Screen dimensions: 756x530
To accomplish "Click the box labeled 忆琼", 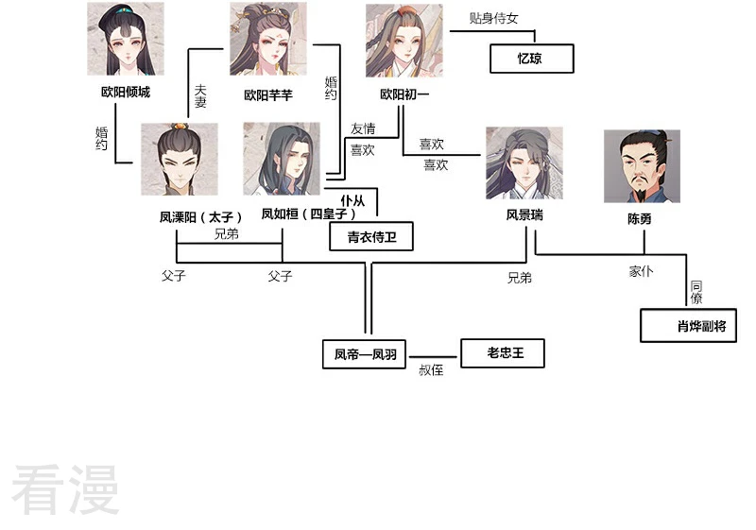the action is click(532, 59).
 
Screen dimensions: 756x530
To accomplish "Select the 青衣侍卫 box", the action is click(371, 236).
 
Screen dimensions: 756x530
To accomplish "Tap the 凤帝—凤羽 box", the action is click(364, 354).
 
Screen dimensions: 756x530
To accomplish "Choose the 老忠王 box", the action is click(503, 353).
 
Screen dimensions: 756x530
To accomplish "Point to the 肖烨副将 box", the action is click(689, 326).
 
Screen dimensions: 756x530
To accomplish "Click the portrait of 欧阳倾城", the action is click(126, 39).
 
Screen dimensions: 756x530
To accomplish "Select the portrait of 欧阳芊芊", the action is click(268, 39).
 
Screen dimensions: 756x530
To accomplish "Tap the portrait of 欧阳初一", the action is click(404, 41).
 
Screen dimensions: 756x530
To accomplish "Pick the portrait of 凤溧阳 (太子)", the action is click(180, 159).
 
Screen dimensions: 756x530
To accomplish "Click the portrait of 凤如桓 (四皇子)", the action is click(282, 159).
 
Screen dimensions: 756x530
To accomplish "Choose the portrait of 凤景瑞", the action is click(524, 162).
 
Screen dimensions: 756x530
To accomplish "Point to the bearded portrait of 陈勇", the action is click(643, 166).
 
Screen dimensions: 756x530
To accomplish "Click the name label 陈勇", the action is click(640, 219).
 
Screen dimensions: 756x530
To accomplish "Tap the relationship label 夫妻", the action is click(200, 95).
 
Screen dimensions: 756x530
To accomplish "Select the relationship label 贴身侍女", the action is click(493, 18).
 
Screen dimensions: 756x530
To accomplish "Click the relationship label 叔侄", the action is click(431, 370).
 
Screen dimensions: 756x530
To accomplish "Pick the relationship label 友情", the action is click(363, 128).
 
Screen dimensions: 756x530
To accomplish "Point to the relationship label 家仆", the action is click(642, 271).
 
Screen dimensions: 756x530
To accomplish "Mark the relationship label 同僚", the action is click(696, 293).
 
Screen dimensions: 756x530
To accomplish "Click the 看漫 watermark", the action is click(65, 489).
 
